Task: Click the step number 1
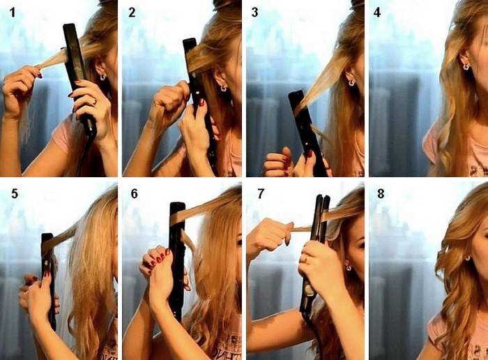[x=13, y=13]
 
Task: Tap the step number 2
[x=132, y=13]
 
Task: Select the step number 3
[x=255, y=13]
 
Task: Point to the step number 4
[x=377, y=13]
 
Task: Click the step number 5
[x=15, y=194]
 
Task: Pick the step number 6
[x=134, y=194]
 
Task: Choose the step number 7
[x=261, y=194]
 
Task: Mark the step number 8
[x=381, y=194]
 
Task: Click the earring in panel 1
[x=102, y=77]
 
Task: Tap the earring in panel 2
[x=224, y=88]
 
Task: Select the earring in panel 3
[x=351, y=82]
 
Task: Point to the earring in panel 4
[x=466, y=66]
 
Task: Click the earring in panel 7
[x=348, y=267]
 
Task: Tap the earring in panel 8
[x=467, y=258]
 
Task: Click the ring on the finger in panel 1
[x=95, y=101]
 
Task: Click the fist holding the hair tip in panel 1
[x=19, y=90]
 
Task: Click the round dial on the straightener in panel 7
[x=310, y=290]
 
